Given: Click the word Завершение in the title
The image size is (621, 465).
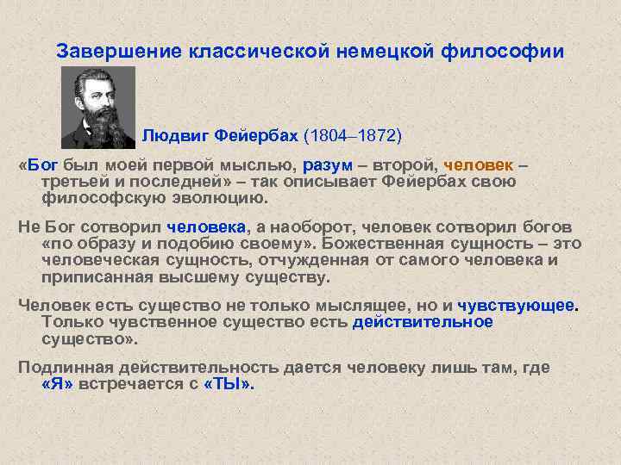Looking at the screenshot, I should (x=108, y=52).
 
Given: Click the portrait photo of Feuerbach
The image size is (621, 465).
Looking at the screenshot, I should (x=99, y=106).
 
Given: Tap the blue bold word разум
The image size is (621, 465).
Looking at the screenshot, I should (x=328, y=165).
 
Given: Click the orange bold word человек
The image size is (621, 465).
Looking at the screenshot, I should (x=481, y=165).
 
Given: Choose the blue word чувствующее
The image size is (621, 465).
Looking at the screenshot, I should (x=516, y=306).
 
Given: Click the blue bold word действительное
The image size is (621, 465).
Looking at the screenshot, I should (x=423, y=322).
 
